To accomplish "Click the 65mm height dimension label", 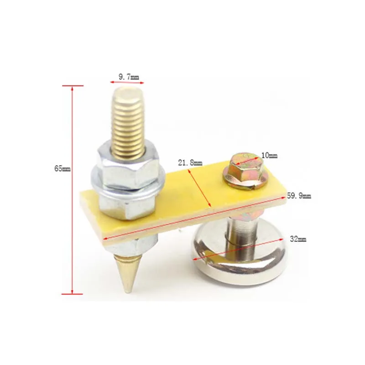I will point(63,168).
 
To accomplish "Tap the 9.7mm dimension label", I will point(129,77).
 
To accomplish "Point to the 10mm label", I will point(269,156).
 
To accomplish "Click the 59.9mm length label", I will point(299,196).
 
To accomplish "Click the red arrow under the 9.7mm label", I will point(126,83).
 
